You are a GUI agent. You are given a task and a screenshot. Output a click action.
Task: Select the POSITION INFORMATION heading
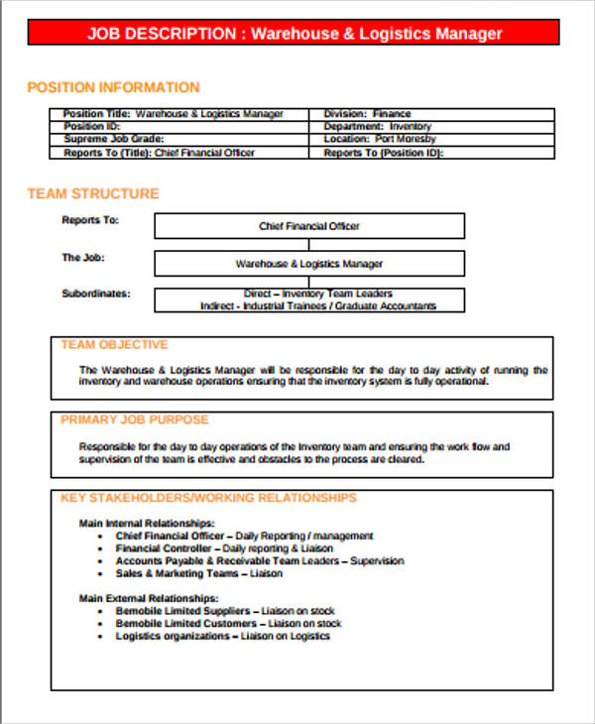coord(113,87)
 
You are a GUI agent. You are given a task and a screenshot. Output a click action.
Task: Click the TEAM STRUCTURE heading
coord(92,193)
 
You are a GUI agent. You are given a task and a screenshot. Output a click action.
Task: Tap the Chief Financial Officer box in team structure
coord(309,226)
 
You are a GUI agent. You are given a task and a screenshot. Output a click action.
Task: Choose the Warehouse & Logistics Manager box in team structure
coord(309,264)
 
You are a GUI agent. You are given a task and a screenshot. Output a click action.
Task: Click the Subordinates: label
coord(95,294)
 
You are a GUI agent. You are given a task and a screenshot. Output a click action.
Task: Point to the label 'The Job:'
coord(83,258)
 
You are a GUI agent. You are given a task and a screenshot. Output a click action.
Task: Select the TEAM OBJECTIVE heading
coord(114,345)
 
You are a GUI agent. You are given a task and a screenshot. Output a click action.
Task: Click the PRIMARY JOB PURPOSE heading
coord(135,420)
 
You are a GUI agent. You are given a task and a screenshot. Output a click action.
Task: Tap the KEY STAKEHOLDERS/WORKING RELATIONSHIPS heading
coord(208,498)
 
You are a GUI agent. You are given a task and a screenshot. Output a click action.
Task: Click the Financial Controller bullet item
coord(224,548)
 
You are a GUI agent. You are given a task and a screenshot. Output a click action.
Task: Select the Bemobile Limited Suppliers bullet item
coord(225,611)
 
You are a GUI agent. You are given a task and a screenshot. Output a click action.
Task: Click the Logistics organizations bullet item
coord(223,636)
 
